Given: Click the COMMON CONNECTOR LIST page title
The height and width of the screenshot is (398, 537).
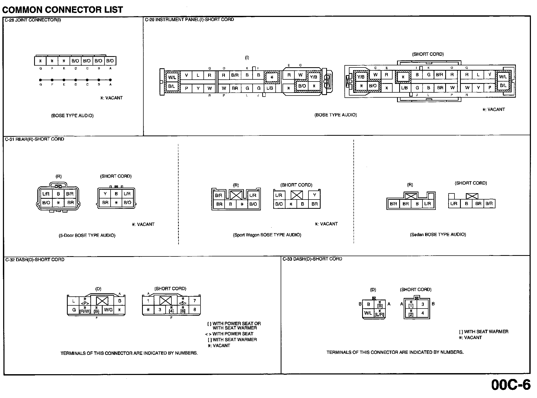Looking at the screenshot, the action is tap(62, 10).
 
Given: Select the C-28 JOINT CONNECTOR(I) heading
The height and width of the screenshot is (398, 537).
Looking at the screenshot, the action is tap(33, 20).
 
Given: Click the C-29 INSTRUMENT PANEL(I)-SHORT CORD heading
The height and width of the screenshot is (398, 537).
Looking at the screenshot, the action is tap(189, 19).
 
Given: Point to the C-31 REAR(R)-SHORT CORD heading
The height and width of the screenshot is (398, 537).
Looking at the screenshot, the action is tap(34, 139).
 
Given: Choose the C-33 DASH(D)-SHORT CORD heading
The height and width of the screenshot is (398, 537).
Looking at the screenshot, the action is tap(312, 259).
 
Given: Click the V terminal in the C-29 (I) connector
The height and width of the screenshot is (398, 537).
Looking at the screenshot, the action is tap(186, 75).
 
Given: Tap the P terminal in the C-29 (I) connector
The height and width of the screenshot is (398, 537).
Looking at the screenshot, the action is tap(186, 88).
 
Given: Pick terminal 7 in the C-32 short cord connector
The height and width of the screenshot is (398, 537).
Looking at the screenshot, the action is tap(195, 301).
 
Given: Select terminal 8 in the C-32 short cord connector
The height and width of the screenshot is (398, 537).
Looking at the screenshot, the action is tap(195, 310).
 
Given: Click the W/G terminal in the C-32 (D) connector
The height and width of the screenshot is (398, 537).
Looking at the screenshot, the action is tap(108, 310).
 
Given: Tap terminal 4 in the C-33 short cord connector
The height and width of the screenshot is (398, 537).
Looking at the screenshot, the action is tap(423, 313).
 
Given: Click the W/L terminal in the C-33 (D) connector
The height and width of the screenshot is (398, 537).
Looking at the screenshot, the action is tap(368, 313).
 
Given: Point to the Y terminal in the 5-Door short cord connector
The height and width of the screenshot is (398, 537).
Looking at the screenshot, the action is tap(105, 194).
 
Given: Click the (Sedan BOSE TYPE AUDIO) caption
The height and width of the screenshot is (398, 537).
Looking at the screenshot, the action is tap(438, 234).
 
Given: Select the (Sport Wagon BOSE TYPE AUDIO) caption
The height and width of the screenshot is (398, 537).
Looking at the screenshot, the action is tap(267, 235).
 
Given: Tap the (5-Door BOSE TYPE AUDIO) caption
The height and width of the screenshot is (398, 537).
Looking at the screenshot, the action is tap(87, 236).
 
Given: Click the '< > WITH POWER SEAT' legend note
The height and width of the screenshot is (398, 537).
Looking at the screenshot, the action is tap(229, 334).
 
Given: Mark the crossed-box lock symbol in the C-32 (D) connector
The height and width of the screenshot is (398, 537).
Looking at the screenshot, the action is tap(102, 301).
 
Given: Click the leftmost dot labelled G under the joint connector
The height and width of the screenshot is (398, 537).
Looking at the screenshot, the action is tap(40, 80).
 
